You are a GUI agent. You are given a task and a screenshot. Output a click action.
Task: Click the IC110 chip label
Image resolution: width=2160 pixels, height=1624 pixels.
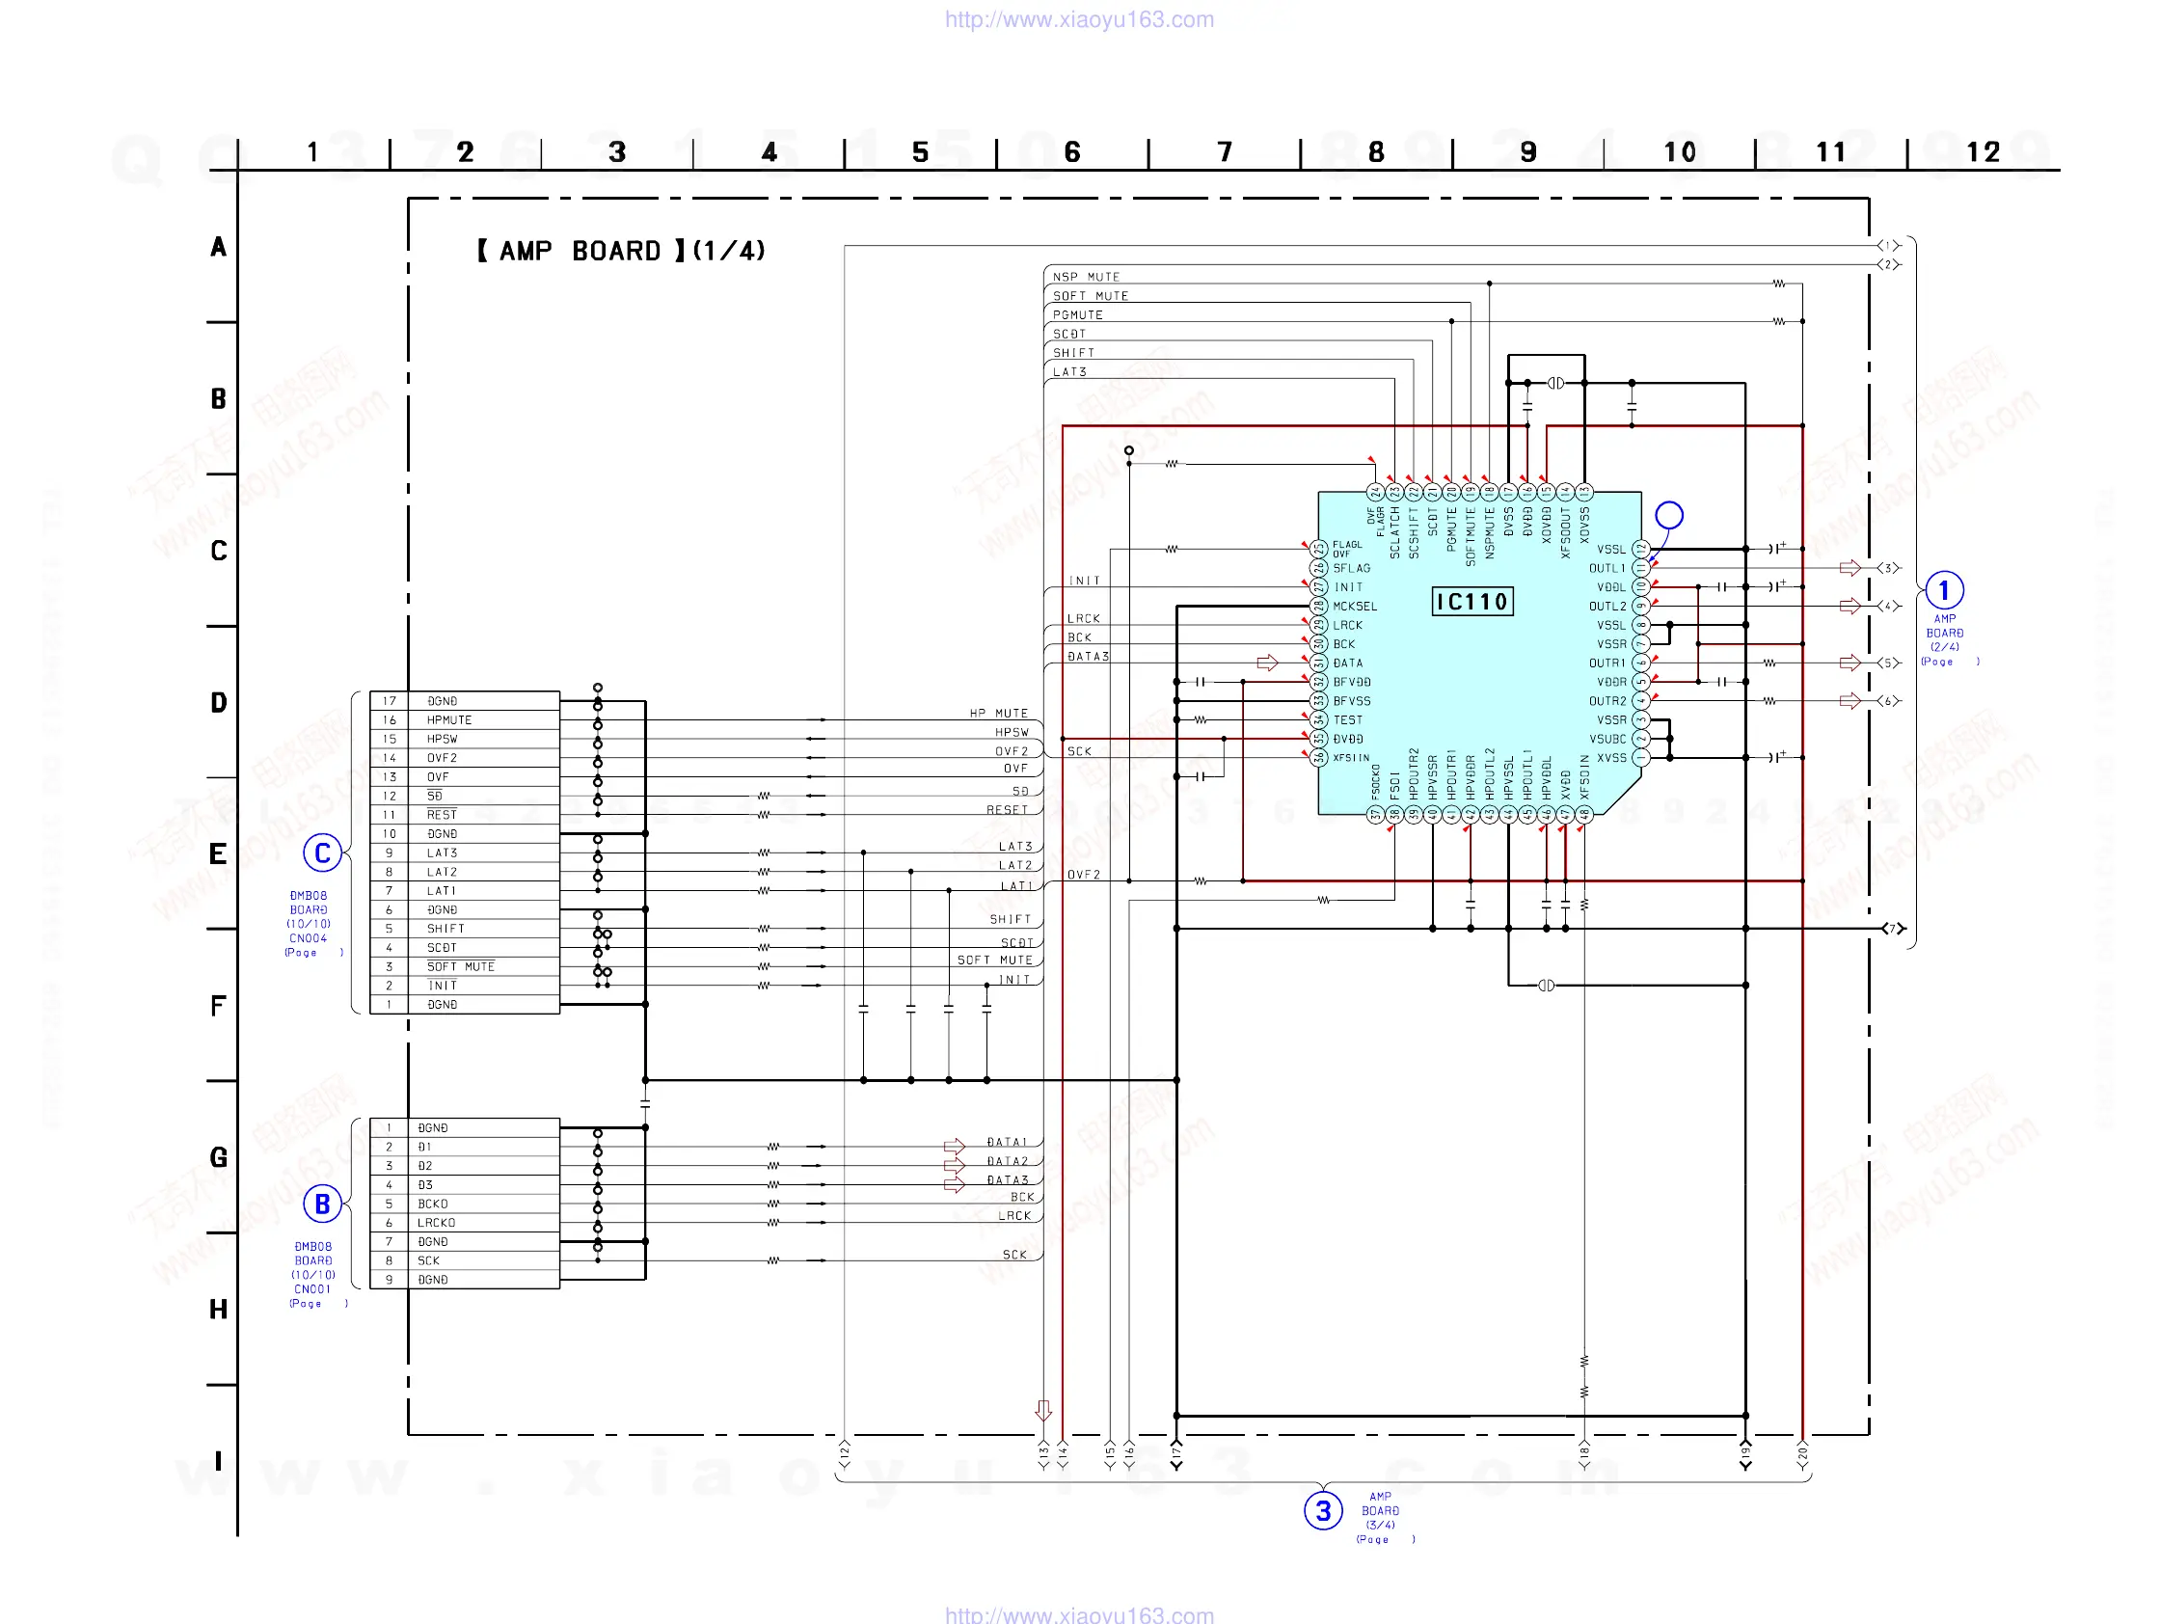[1471, 602]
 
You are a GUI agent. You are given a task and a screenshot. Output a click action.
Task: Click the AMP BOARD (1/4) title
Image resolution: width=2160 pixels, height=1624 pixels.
[621, 251]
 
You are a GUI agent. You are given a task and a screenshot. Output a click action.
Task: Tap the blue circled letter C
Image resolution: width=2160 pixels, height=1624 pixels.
[322, 853]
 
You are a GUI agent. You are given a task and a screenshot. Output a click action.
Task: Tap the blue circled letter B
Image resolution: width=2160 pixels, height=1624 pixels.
[322, 1204]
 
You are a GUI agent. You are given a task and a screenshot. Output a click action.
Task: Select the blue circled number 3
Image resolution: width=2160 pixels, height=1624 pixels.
[1323, 1511]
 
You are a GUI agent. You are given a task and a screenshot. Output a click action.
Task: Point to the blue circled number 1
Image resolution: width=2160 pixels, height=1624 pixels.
[1943, 590]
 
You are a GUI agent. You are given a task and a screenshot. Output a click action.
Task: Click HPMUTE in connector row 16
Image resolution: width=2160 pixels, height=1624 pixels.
[448, 719]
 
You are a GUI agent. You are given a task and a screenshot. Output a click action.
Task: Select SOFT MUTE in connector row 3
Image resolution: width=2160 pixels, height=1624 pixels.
[460, 967]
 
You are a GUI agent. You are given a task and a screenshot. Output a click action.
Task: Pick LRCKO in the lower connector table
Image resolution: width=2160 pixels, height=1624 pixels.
[436, 1223]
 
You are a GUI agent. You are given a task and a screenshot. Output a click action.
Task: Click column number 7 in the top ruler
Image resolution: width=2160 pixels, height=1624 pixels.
[1225, 152]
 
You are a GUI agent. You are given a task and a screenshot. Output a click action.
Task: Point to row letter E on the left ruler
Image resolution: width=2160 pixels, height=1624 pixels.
[218, 854]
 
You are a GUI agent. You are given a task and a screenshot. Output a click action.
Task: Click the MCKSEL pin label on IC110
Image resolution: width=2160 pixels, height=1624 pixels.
[1355, 607]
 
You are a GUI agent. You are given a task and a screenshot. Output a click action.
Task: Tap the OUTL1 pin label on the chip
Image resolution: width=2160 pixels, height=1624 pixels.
[1606, 568]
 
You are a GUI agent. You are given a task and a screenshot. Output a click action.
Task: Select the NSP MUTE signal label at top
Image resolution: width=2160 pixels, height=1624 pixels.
[1086, 278]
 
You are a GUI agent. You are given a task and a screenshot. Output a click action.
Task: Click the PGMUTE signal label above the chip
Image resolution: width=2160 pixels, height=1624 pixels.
[1077, 315]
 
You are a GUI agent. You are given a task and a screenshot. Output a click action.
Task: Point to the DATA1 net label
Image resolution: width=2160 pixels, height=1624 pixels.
[1007, 1142]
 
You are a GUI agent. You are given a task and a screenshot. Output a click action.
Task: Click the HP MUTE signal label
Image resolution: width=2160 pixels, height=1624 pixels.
[998, 714]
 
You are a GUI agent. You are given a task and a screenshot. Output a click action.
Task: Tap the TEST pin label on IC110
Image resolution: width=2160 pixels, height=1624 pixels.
[1347, 719]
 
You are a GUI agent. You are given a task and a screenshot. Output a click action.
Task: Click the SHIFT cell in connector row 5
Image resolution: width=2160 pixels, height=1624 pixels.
[445, 929]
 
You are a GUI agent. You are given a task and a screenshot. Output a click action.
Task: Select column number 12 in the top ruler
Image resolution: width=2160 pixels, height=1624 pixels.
[1984, 152]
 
